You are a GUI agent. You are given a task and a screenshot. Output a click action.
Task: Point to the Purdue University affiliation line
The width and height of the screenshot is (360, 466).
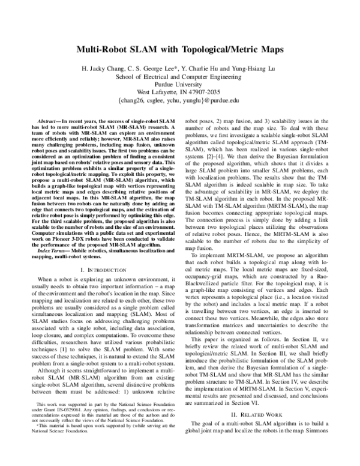coord(180,84)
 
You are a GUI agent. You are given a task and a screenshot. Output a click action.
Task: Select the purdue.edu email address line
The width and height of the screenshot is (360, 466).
coord(180,101)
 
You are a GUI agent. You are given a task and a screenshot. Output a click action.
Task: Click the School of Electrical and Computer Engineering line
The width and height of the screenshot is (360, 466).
coord(180,76)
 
